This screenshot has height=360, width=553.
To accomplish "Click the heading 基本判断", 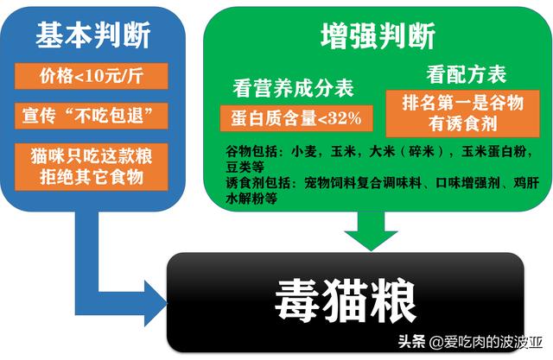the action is (93, 35).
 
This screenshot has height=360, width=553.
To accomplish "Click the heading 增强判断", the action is (378, 35).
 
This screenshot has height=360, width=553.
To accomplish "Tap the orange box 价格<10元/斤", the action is (92, 76).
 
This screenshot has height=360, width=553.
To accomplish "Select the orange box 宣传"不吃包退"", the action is (92, 116).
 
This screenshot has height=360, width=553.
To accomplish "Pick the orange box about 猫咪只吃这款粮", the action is (92, 167).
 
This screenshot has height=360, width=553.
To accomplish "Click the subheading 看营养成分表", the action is (293, 88).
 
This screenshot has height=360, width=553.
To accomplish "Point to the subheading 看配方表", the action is (467, 74).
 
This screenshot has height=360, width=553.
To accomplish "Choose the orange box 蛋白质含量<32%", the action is (296, 118).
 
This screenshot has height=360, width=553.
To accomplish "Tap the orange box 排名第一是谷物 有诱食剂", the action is (463, 113).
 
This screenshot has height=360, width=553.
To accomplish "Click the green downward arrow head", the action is (371, 239).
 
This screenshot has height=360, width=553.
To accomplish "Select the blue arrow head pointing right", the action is (156, 303).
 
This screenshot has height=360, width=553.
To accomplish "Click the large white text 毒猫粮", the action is (346, 301).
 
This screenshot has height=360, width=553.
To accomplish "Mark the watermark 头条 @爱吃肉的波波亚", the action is (470, 341).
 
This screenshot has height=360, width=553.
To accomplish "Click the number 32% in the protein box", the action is (345, 118).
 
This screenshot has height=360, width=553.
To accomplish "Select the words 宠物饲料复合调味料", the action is (363, 182).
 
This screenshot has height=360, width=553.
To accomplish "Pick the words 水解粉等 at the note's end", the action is (251, 199).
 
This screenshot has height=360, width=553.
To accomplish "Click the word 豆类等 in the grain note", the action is (245, 167).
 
